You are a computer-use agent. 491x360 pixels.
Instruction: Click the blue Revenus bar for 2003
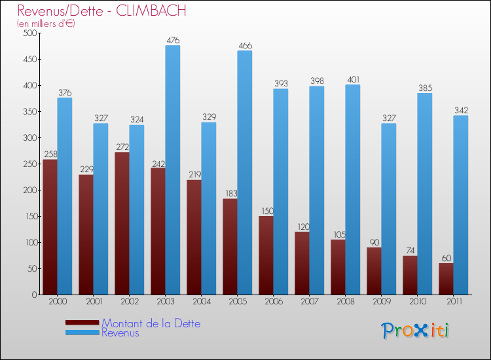pos(172,170)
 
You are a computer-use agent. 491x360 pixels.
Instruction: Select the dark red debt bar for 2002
pos(122,223)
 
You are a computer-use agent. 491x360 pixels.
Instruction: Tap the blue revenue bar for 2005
pos(244,173)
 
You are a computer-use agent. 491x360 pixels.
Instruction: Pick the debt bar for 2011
pos(446,279)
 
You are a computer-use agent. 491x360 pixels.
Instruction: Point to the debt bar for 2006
pos(266,255)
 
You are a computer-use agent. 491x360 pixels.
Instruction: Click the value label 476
pos(172,41)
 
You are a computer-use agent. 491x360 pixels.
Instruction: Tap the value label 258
pos(50,154)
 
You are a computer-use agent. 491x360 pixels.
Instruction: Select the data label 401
pos(352,80)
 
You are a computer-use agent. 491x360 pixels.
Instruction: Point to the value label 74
pos(410,251)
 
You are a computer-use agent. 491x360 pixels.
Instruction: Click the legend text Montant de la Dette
pos(151,323)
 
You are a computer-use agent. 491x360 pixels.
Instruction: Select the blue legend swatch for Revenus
pos(82,333)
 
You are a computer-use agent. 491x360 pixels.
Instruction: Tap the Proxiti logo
pos(416,331)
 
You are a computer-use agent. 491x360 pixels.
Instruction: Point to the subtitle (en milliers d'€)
pos(46,24)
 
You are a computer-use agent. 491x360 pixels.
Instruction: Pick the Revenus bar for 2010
pos(424,194)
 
